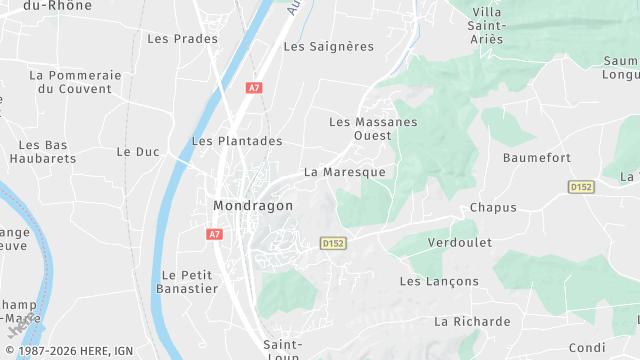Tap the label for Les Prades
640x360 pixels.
[x=182, y=39]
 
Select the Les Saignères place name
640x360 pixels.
[x=328, y=46]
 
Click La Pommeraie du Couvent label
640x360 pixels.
[x=75, y=82]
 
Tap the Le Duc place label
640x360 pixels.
[x=138, y=152]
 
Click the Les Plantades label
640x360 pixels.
[x=236, y=141]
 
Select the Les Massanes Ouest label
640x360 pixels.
[x=373, y=128]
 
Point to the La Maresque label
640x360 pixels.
[x=344, y=172]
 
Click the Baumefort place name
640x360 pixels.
[x=537, y=158]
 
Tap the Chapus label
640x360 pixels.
[x=493, y=208]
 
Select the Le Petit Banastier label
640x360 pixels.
[x=189, y=282]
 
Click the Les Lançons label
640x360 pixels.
[x=439, y=282]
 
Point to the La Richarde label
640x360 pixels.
[x=472, y=322]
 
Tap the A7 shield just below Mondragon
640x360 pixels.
[x=213, y=234]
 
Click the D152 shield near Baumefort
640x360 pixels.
[x=580, y=187]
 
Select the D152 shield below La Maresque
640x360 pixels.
[x=333, y=243]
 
